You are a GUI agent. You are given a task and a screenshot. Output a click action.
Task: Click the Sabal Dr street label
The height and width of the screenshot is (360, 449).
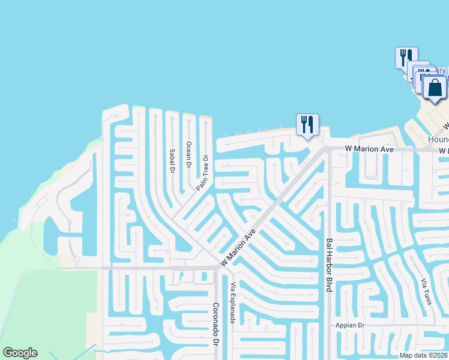[171, 161]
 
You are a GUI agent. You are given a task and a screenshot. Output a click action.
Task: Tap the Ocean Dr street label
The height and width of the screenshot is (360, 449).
[188, 155]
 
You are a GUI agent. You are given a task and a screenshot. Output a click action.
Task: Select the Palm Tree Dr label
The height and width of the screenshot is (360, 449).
[200, 173]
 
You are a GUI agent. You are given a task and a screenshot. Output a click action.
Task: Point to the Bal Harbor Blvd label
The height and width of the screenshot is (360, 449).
[329, 265]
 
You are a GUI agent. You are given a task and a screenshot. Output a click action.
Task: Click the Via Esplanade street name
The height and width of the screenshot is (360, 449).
[232, 303]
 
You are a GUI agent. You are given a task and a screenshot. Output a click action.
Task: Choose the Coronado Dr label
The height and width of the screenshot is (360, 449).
[215, 324]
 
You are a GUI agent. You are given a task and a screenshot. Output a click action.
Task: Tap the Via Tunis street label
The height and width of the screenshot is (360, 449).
[426, 292]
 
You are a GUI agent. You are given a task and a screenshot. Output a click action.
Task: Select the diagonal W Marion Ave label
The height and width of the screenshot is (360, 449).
[242, 247]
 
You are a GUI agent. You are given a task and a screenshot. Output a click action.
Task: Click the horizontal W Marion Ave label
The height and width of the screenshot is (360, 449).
[368, 148]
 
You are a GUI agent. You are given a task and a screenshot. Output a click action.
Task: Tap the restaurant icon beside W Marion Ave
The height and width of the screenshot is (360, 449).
[307, 125]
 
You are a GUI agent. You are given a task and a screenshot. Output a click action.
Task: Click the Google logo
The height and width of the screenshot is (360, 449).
[20, 353]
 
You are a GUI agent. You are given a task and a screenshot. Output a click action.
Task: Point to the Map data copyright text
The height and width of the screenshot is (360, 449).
[424, 355]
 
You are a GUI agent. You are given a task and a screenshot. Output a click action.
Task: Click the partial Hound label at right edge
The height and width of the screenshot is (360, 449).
[438, 139]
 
